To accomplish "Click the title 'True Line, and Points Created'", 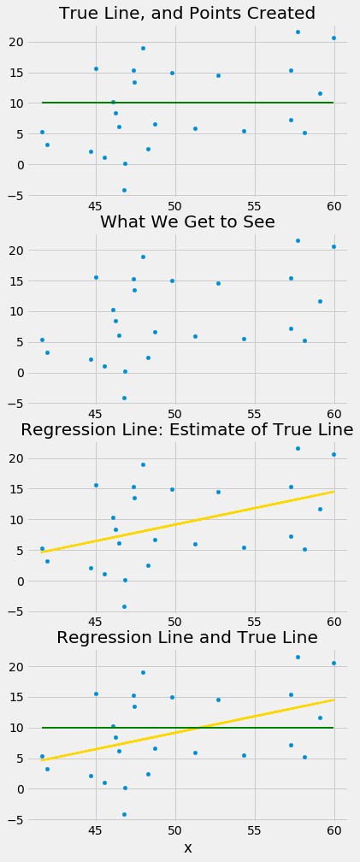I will (186, 14).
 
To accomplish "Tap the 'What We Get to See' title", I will (187, 222).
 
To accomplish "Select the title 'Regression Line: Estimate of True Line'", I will (187, 429).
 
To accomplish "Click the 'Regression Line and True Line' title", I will (187, 638).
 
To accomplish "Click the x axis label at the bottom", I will (187, 847).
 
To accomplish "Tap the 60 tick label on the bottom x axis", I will (334, 829).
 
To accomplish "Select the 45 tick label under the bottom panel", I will (96, 829).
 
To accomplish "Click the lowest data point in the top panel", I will (124, 190).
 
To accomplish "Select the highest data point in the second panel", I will (298, 240).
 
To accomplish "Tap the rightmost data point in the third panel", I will (333, 454).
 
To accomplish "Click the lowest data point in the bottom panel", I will (124, 814).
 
